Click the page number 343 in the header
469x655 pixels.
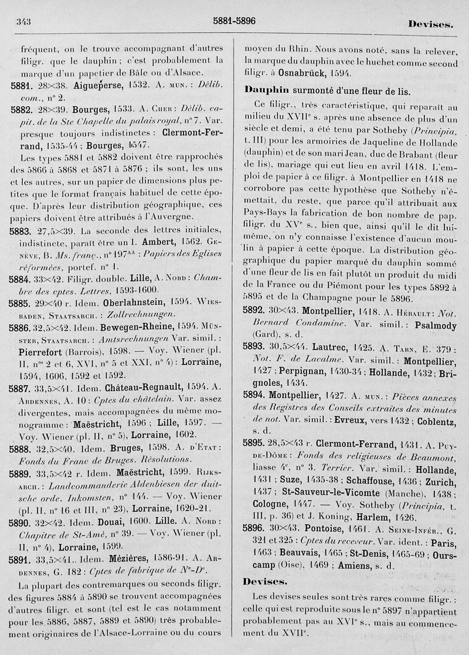pos(24,22)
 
